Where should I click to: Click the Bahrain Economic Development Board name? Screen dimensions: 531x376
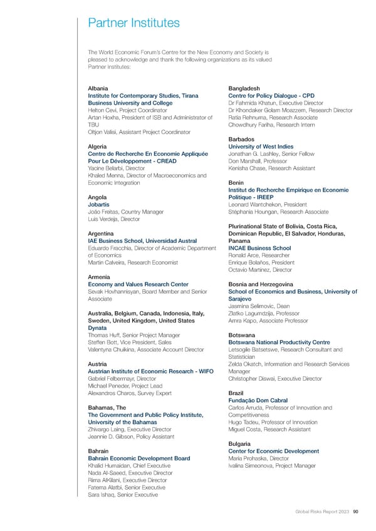(x=139, y=459)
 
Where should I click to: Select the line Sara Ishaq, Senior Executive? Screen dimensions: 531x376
(x=123, y=495)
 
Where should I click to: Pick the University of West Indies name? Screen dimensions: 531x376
(x=259, y=147)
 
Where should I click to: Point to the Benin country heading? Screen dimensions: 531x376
(x=237, y=182)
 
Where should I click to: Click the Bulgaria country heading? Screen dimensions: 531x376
(x=240, y=444)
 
